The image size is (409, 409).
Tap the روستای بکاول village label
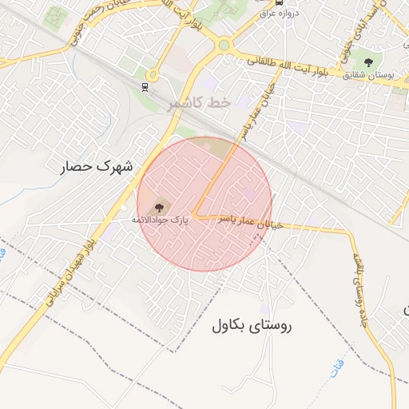(253, 325)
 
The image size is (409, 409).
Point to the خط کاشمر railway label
(199, 104)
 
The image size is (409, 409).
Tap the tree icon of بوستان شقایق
(368, 62)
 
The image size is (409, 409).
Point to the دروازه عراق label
(280, 13)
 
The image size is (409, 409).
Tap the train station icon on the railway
(144, 86)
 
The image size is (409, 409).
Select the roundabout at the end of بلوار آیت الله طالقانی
(224, 45)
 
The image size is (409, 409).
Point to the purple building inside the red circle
(249, 193)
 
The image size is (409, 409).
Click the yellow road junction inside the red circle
(194, 216)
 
